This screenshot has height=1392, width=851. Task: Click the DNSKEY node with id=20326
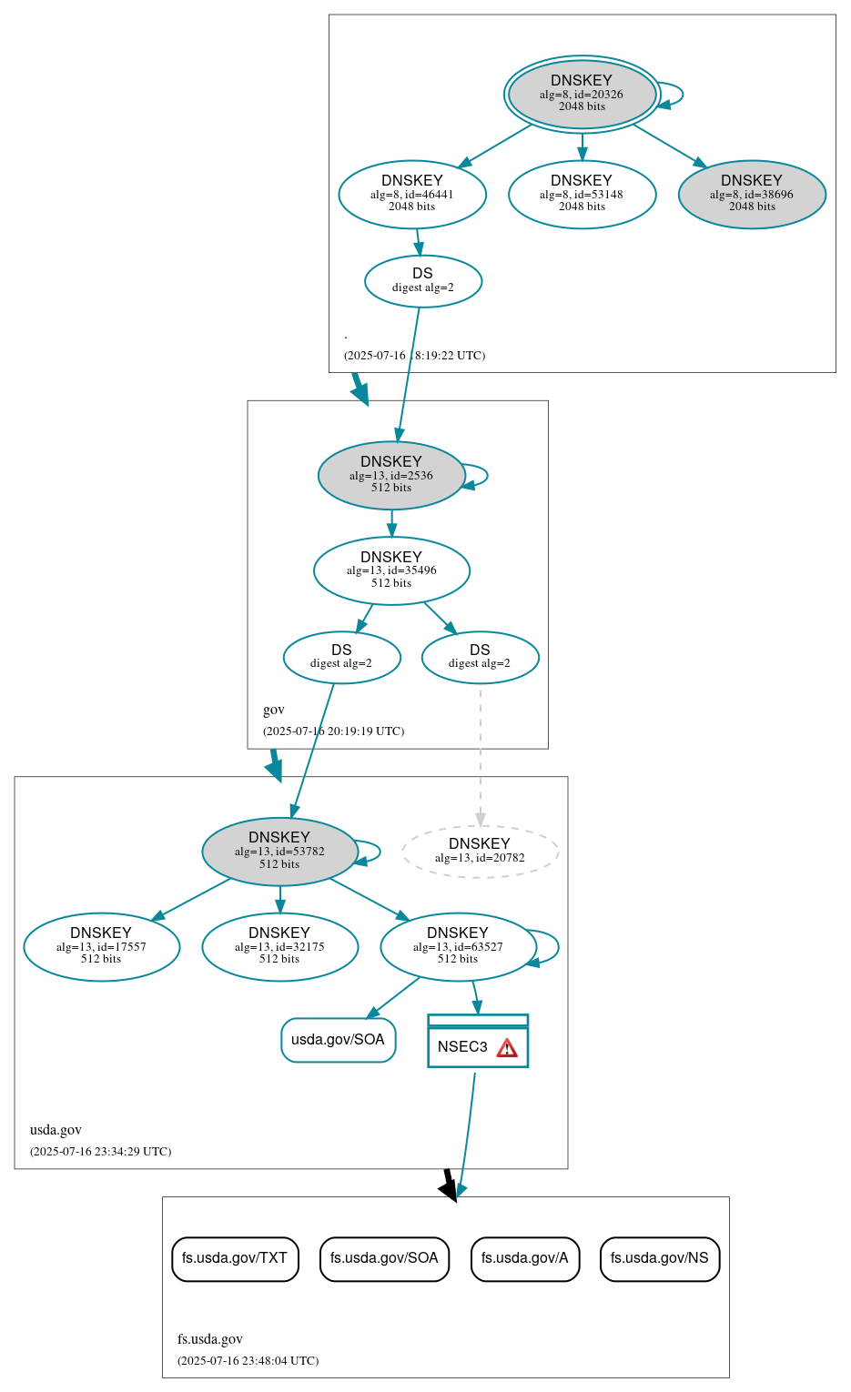pos(582,94)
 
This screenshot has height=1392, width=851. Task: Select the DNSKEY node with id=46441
pos(412,194)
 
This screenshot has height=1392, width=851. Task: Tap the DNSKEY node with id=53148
pos(582,194)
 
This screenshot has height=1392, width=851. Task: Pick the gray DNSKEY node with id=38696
pos(752,194)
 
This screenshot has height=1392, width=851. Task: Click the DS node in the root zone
pos(423,281)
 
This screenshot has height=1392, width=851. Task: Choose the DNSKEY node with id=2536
pos(391,475)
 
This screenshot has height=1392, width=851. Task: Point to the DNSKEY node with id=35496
pos(391,570)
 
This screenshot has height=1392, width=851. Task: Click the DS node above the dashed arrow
pos(480,657)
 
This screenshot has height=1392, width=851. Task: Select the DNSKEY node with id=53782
pos(279,852)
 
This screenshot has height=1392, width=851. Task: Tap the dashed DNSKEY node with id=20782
pos(480,852)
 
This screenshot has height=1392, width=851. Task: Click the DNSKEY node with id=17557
pos(101,946)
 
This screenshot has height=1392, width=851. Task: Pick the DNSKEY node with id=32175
pos(279,946)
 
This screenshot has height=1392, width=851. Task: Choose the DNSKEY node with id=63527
pos(458,946)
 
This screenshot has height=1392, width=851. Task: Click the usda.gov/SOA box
pos(338,1040)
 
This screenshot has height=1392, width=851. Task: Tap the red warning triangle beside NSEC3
pos(507,1048)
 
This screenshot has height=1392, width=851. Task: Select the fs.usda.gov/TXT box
pos(235,1258)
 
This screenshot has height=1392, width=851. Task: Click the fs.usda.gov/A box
pos(525,1258)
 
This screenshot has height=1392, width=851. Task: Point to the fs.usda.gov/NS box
pos(660,1258)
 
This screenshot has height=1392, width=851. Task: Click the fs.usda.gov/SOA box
pos(384,1258)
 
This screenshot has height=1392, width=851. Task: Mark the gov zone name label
pos(274,710)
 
